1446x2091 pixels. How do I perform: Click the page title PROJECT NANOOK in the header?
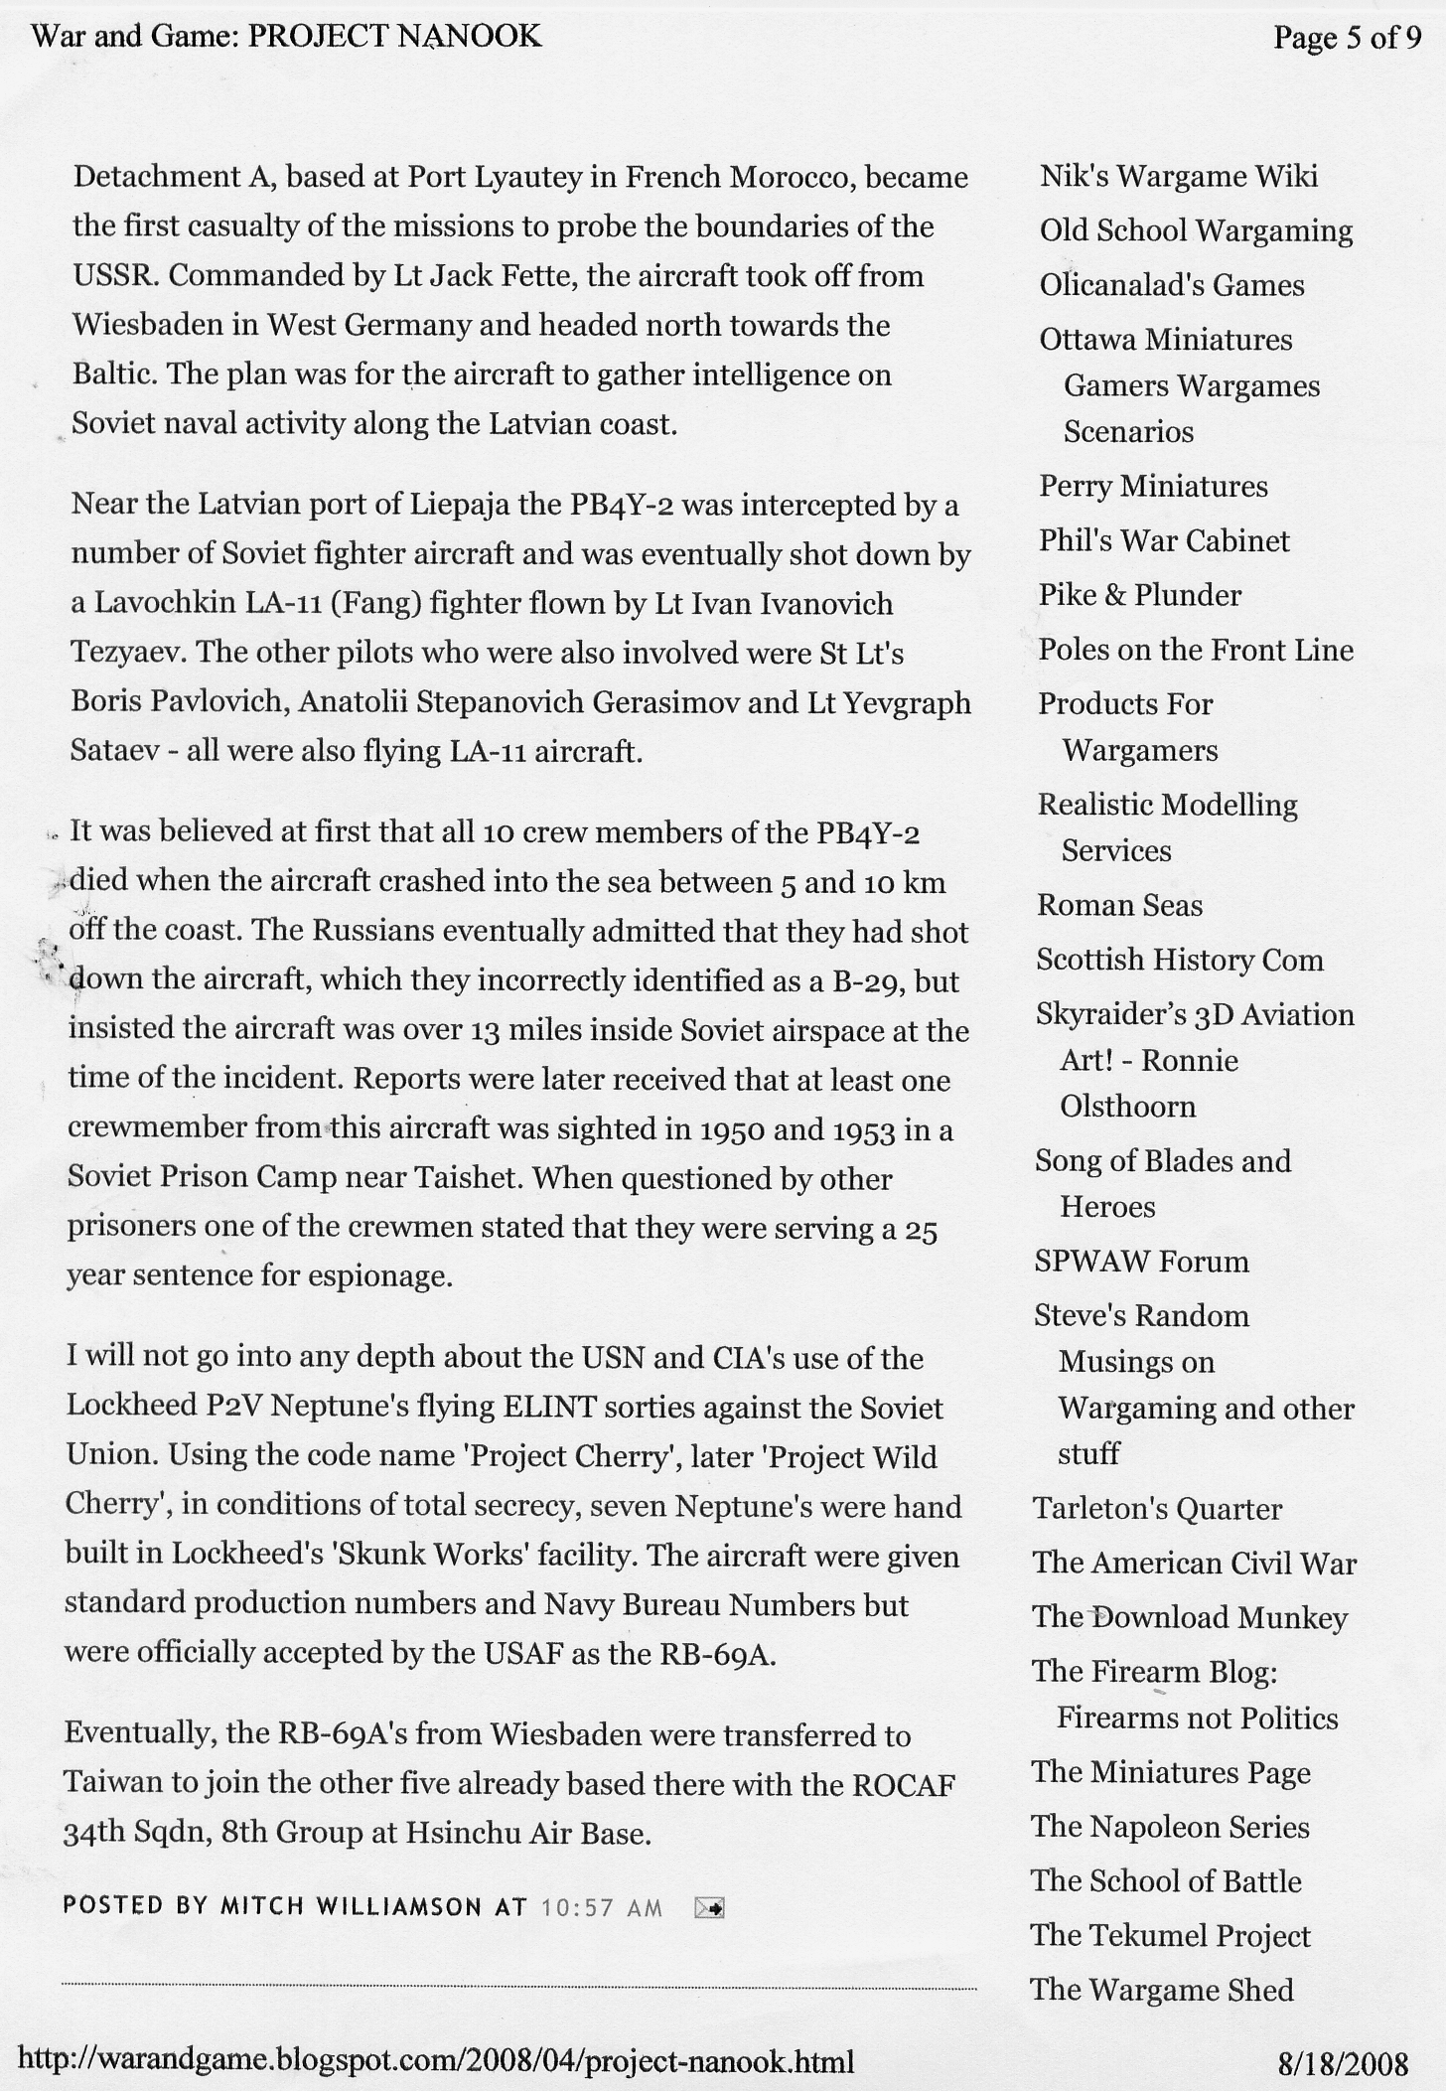(x=393, y=37)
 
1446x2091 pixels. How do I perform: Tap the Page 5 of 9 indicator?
(x=1348, y=38)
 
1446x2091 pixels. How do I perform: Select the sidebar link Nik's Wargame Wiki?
(x=1179, y=176)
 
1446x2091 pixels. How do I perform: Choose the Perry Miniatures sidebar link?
(x=1153, y=486)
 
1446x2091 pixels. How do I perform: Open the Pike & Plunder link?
(x=1140, y=595)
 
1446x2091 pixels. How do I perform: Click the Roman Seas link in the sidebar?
(x=1119, y=905)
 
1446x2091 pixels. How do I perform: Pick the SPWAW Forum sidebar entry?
(x=1141, y=1262)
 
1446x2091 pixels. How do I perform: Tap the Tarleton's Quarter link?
(x=1157, y=1509)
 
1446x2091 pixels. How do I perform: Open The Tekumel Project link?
(x=1170, y=1935)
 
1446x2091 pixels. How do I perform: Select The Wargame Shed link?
(x=1162, y=1990)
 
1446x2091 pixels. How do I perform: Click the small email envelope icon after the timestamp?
(x=709, y=1907)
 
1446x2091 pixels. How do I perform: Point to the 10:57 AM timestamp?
(x=602, y=1907)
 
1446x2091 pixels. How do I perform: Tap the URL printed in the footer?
(x=436, y=2062)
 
